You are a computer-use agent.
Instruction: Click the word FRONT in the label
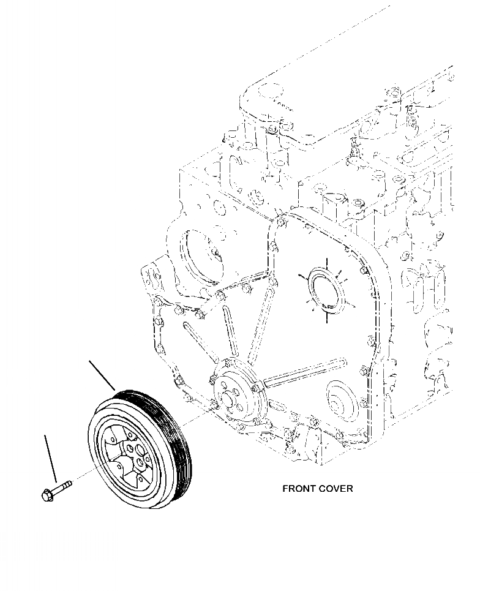[x=299, y=489]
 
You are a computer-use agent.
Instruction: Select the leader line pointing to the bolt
[x=51, y=457]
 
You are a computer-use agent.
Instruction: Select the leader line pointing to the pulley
[x=102, y=375]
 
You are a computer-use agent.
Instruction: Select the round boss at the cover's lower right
[x=338, y=397]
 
